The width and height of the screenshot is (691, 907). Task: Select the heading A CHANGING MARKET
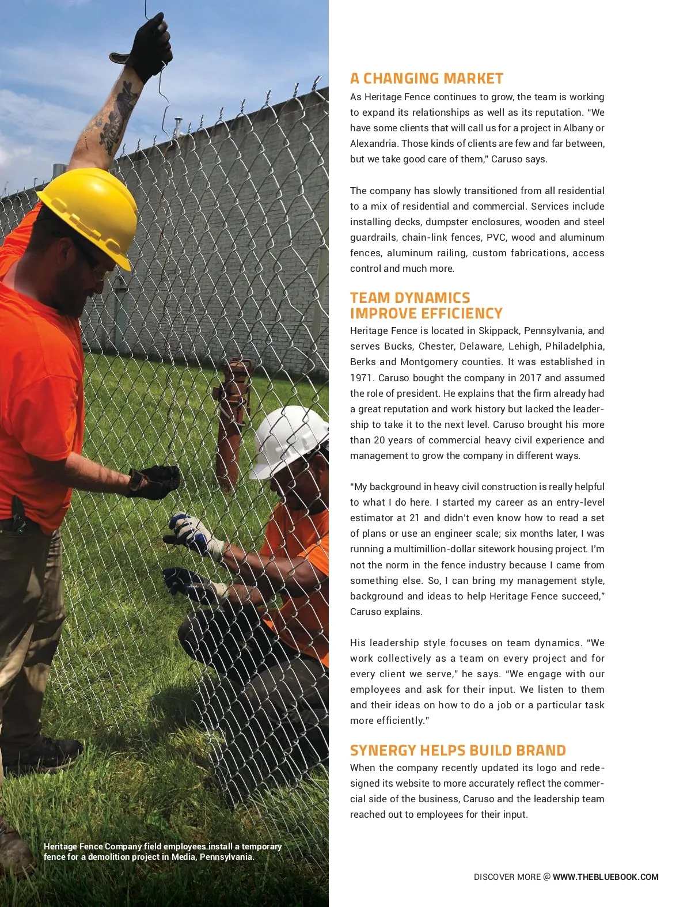[427, 78]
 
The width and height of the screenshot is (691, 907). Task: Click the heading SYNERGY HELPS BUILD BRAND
[458, 750]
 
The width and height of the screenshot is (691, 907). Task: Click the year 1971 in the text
[361, 378]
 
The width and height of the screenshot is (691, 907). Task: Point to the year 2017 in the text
[530, 378]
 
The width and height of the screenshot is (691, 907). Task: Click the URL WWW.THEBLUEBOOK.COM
[605, 877]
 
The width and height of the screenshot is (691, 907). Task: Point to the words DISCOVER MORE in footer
[507, 877]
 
